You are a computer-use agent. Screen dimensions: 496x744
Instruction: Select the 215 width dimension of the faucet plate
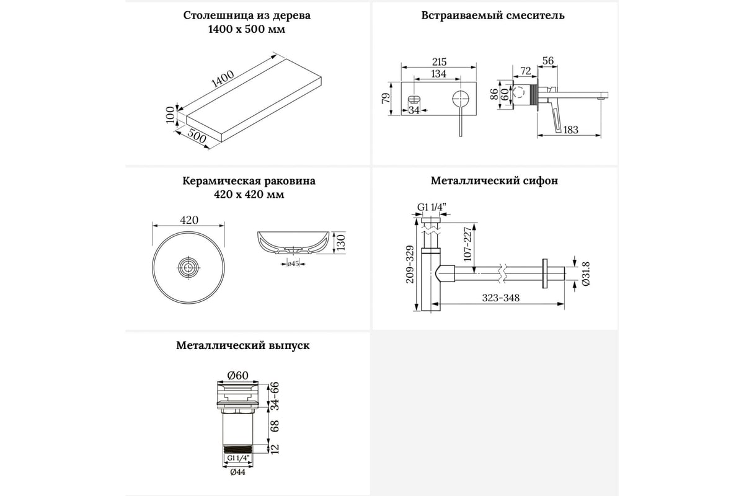pyautogui.click(x=438, y=63)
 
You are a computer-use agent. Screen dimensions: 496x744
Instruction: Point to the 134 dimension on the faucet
pyautogui.click(x=438, y=74)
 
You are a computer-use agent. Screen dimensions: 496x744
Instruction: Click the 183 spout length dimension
pyautogui.click(x=571, y=130)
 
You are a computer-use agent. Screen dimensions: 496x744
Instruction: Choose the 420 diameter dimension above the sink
pyautogui.click(x=188, y=220)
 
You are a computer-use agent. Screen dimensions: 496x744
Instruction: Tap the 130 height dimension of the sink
pyautogui.click(x=339, y=241)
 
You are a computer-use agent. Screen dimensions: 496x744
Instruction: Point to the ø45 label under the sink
pyautogui.click(x=293, y=264)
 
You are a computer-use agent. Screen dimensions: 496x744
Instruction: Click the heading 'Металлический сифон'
pyautogui.click(x=495, y=181)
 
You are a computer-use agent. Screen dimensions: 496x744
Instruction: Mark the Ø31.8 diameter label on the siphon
pyautogui.click(x=586, y=273)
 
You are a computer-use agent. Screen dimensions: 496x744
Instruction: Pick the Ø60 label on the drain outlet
pyautogui.click(x=237, y=375)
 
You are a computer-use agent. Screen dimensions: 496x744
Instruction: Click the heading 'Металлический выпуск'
pyautogui.click(x=242, y=345)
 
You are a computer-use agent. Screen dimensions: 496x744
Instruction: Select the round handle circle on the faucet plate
pyautogui.click(x=461, y=99)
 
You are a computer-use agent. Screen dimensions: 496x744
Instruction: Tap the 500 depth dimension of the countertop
pyautogui.click(x=197, y=137)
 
